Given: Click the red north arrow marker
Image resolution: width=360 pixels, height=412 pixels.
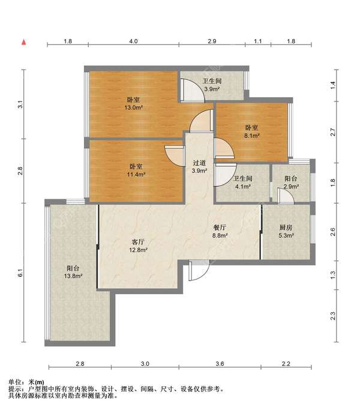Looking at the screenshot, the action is [24, 42].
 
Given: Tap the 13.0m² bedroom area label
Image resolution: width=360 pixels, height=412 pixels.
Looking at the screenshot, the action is [134, 104].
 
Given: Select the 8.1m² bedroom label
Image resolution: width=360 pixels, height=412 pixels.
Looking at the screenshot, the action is [252, 132].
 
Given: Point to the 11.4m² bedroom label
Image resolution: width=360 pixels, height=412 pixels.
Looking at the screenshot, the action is [136, 171].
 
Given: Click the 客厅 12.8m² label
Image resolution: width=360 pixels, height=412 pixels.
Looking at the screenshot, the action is [138, 246].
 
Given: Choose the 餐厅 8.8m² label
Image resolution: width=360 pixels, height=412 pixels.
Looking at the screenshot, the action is [220, 231].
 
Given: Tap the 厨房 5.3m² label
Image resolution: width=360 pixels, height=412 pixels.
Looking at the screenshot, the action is [286, 231].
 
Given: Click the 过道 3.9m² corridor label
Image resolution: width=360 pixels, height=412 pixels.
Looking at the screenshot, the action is [199, 167].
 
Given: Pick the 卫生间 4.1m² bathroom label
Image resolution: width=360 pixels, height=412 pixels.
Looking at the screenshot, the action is [243, 183].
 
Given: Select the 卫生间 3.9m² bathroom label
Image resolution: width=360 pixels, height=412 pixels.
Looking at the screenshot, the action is [212, 85].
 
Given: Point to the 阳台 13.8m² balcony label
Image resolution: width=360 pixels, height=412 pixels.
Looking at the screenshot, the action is [73, 272].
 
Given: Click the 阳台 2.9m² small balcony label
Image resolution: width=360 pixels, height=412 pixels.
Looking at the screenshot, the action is [291, 183].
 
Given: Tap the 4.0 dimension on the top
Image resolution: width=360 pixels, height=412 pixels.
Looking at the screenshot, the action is [133, 41].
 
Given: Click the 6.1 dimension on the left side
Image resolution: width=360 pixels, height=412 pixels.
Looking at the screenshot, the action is [20, 273].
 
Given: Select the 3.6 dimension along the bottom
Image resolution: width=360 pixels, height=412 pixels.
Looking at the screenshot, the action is [220, 364].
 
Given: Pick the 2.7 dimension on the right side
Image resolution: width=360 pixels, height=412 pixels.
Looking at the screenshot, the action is [332, 132].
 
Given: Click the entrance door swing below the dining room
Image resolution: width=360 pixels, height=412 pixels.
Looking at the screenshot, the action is [199, 270].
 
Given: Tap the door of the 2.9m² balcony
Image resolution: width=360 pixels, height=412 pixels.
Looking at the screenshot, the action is [286, 196].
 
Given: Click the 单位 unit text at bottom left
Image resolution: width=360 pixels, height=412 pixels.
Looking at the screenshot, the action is [15, 382].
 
